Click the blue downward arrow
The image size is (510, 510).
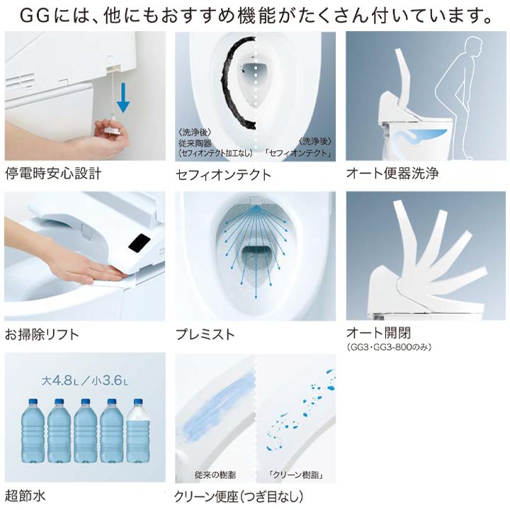pyautogui.click(x=123, y=96)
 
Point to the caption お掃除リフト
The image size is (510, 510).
pyautogui.click(x=42, y=334)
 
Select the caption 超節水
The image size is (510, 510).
pyautogui.click(x=26, y=494)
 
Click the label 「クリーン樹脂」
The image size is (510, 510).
pyautogui.click(x=290, y=475)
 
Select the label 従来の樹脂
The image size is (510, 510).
pyautogui.click(x=210, y=475)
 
